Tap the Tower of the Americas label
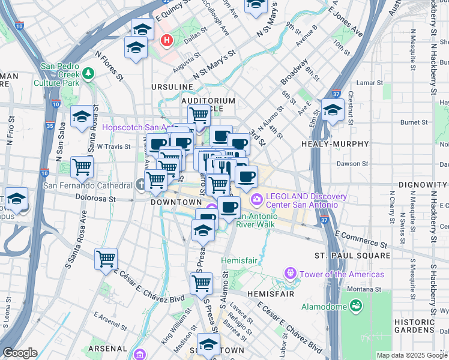(342, 274)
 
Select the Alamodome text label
(324, 307)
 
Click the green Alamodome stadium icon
(357, 307)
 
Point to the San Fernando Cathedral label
(87, 185)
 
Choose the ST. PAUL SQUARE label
(353, 256)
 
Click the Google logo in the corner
(20, 353)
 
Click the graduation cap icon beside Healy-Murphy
(332, 109)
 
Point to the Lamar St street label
(369, 83)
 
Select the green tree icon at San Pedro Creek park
(89, 73)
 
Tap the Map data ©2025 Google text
(412, 355)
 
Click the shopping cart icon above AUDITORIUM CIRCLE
(199, 114)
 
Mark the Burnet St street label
(414, 122)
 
